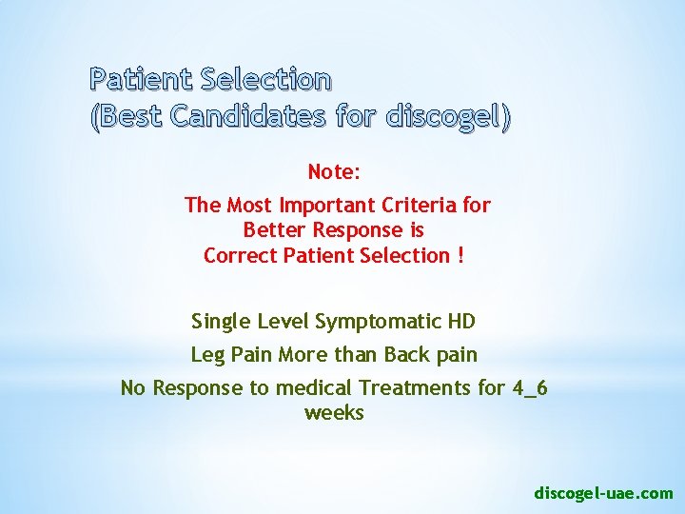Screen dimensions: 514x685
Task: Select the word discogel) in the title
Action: click(x=445, y=117)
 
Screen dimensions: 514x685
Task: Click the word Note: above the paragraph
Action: click(x=333, y=172)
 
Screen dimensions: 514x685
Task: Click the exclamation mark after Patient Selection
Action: click(x=460, y=255)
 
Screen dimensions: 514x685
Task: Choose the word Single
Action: click(x=220, y=322)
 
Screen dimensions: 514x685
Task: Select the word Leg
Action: click(x=208, y=355)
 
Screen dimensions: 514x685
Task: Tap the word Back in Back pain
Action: click(x=406, y=355)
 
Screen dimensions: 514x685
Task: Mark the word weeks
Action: click(x=334, y=413)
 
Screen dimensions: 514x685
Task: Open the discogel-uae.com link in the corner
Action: click(x=603, y=493)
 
